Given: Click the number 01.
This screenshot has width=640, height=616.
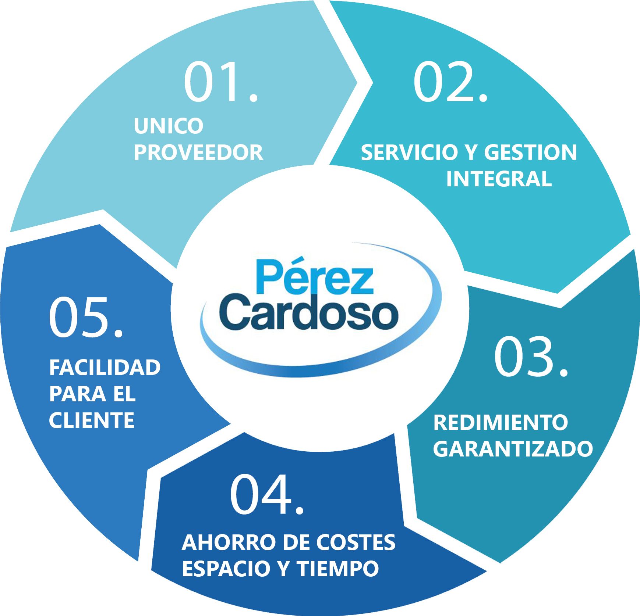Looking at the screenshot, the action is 221,82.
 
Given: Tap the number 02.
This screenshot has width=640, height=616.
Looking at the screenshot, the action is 450,82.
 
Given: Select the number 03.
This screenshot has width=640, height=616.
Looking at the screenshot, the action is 531,357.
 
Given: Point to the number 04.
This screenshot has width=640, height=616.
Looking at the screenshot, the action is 267,494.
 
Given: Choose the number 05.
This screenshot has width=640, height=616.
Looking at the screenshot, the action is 86,317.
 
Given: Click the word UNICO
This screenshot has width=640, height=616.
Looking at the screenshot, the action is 169,126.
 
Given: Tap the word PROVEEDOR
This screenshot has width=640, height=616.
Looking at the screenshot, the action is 198,152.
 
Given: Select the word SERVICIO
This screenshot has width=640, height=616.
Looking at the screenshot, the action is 409,153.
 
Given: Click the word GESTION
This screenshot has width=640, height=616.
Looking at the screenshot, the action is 530,153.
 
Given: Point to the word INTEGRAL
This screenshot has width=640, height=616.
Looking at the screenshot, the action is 499,179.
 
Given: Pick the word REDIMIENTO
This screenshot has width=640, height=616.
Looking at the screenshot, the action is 501,423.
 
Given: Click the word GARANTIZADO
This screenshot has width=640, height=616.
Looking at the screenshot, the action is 513,449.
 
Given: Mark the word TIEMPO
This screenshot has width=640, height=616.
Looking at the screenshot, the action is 338,569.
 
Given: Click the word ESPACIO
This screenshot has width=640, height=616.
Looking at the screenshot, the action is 225,569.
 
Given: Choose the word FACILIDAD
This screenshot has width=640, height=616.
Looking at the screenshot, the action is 105,368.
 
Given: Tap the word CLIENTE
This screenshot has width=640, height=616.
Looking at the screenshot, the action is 92,420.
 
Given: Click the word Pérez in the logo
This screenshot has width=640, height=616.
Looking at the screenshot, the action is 315,276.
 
